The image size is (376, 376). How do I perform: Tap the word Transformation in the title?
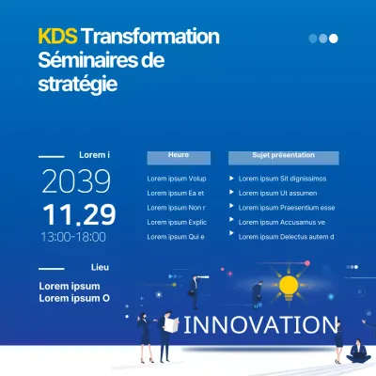coord(150,37)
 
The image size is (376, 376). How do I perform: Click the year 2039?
coord(76,180)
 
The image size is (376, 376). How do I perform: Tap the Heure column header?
coord(179,155)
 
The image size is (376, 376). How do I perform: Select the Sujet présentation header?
coord(283,155)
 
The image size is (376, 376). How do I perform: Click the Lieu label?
coord(100,268)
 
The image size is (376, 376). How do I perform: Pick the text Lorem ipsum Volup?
coord(177,179)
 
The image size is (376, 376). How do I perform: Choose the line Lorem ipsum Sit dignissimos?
coord(282,179)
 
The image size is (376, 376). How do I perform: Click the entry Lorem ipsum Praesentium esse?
coord(287,208)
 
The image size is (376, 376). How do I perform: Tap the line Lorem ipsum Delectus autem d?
coord(287,237)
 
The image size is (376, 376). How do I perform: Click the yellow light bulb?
coord(288,284)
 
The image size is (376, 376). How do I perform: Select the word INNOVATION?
coord(260,326)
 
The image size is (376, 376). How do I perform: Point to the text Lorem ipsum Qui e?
coord(176,237)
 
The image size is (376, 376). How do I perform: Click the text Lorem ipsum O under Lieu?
coord(74,299)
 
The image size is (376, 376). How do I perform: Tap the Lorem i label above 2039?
coord(95,155)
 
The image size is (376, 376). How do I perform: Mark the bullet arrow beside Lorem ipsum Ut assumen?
coord(231,193)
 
